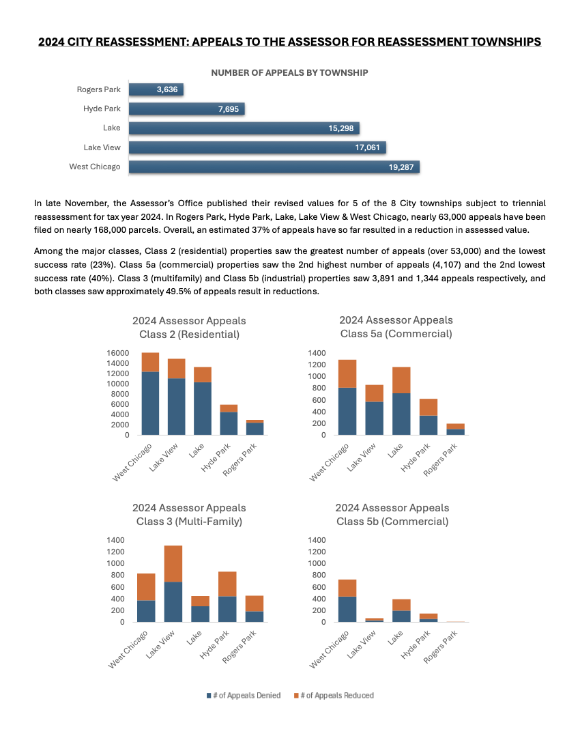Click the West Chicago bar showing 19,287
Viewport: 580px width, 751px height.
pos(273,167)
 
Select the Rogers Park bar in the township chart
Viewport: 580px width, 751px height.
pos(156,89)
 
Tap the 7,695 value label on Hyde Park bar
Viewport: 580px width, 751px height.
pos(228,109)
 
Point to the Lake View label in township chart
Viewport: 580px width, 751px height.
pos(102,147)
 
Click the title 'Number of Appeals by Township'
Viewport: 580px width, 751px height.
pos(289,72)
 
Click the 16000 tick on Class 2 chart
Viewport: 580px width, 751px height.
pos(118,353)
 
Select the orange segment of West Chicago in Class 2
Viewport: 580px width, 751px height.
pos(150,362)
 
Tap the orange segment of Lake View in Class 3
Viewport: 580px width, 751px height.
pos(173,563)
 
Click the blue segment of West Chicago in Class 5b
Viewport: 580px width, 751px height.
pos(347,609)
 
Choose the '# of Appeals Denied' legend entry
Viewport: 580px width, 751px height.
pos(244,695)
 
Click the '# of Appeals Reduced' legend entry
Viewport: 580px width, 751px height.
pos(334,695)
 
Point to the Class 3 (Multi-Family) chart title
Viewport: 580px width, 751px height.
pos(189,522)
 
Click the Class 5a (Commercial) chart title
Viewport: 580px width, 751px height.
pos(396,334)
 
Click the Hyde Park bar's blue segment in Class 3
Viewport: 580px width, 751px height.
pos(227,609)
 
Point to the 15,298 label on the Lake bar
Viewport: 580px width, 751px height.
pos(340,128)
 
